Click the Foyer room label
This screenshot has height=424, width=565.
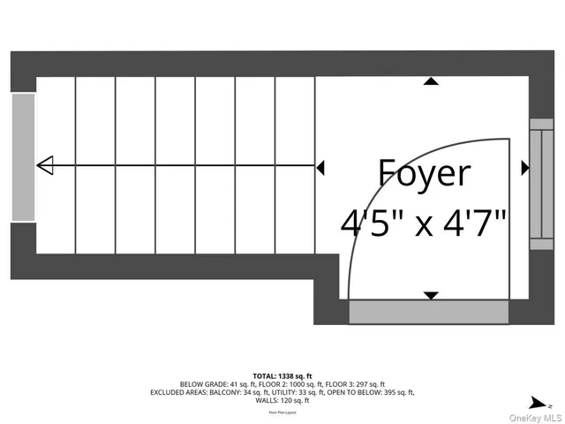coord(425,173)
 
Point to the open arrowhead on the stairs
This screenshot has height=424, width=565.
coord(45,165)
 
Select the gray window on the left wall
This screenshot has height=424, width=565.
coord(23,157)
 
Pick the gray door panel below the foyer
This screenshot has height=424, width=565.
coord(429,312)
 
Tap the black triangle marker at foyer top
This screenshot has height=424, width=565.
coord(431,82)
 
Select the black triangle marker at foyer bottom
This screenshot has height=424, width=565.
coord(431,295)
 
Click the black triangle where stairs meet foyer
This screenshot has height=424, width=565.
coord(320,166)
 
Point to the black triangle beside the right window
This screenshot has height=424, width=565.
coord(524,166)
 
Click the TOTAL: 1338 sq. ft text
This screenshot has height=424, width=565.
coord(282,375)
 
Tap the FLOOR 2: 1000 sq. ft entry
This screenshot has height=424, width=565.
coord(288,384)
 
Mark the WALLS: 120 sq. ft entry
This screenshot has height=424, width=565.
coord(282,400)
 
